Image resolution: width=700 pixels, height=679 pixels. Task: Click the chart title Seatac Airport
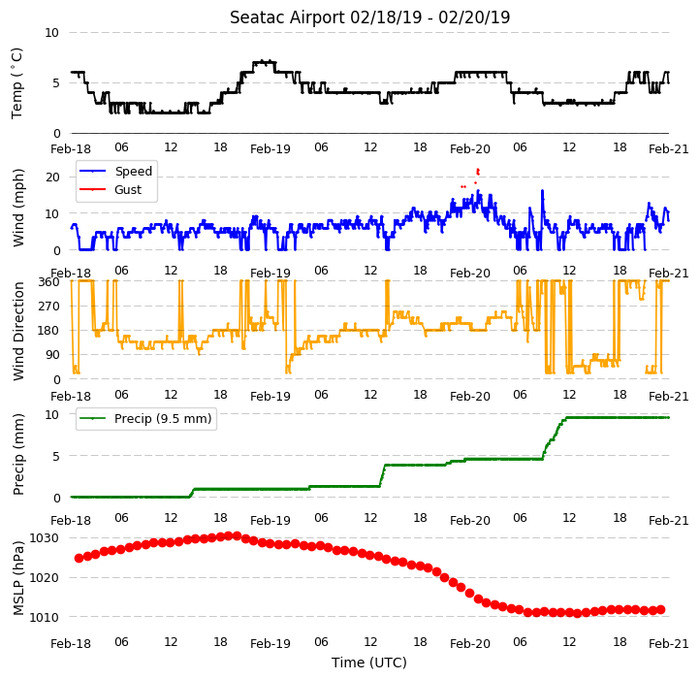(x=288, y=17)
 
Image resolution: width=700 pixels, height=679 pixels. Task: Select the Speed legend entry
(x=115, y=171)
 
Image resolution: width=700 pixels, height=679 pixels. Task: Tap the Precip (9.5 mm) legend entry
(x=145, y=419)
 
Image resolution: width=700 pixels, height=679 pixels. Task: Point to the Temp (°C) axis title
(x=16, y=83)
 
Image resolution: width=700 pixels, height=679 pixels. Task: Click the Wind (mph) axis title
(x=18, y=209)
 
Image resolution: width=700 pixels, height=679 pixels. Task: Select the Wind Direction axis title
(x=18, y=332)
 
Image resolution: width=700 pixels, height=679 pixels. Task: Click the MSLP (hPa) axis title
(x=18, y=578)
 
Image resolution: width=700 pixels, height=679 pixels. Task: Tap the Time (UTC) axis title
(x=369, y=663)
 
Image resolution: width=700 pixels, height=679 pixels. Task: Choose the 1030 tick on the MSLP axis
(x=45, y=538)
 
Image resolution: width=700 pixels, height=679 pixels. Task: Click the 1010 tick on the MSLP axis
(x=45, y=618)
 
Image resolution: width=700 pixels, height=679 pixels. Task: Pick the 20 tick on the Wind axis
(x=52, y=178)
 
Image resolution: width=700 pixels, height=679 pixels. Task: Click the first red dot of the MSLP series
(x=80, y=558)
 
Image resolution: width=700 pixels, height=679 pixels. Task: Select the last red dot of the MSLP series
(x=660, y=610)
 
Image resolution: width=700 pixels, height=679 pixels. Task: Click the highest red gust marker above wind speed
(x=478, y=170)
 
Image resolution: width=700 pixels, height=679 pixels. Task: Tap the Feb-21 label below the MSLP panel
(x=668, y=644)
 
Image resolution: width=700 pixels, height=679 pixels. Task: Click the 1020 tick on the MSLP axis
(x=45, y=578)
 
